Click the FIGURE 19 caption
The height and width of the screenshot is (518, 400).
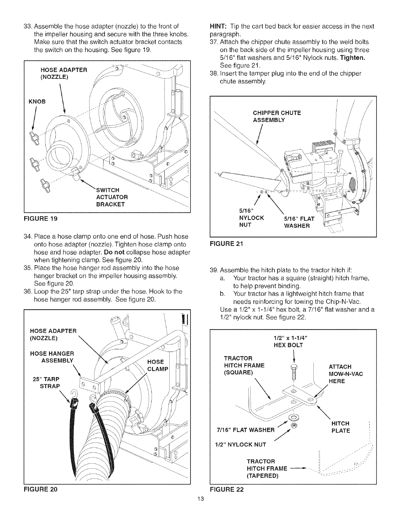(41, 219)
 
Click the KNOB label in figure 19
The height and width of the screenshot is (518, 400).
(37, 101)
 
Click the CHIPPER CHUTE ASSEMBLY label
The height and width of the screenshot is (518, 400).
(277, 116)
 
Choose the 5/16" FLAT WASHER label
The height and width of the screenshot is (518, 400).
(299, 222)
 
